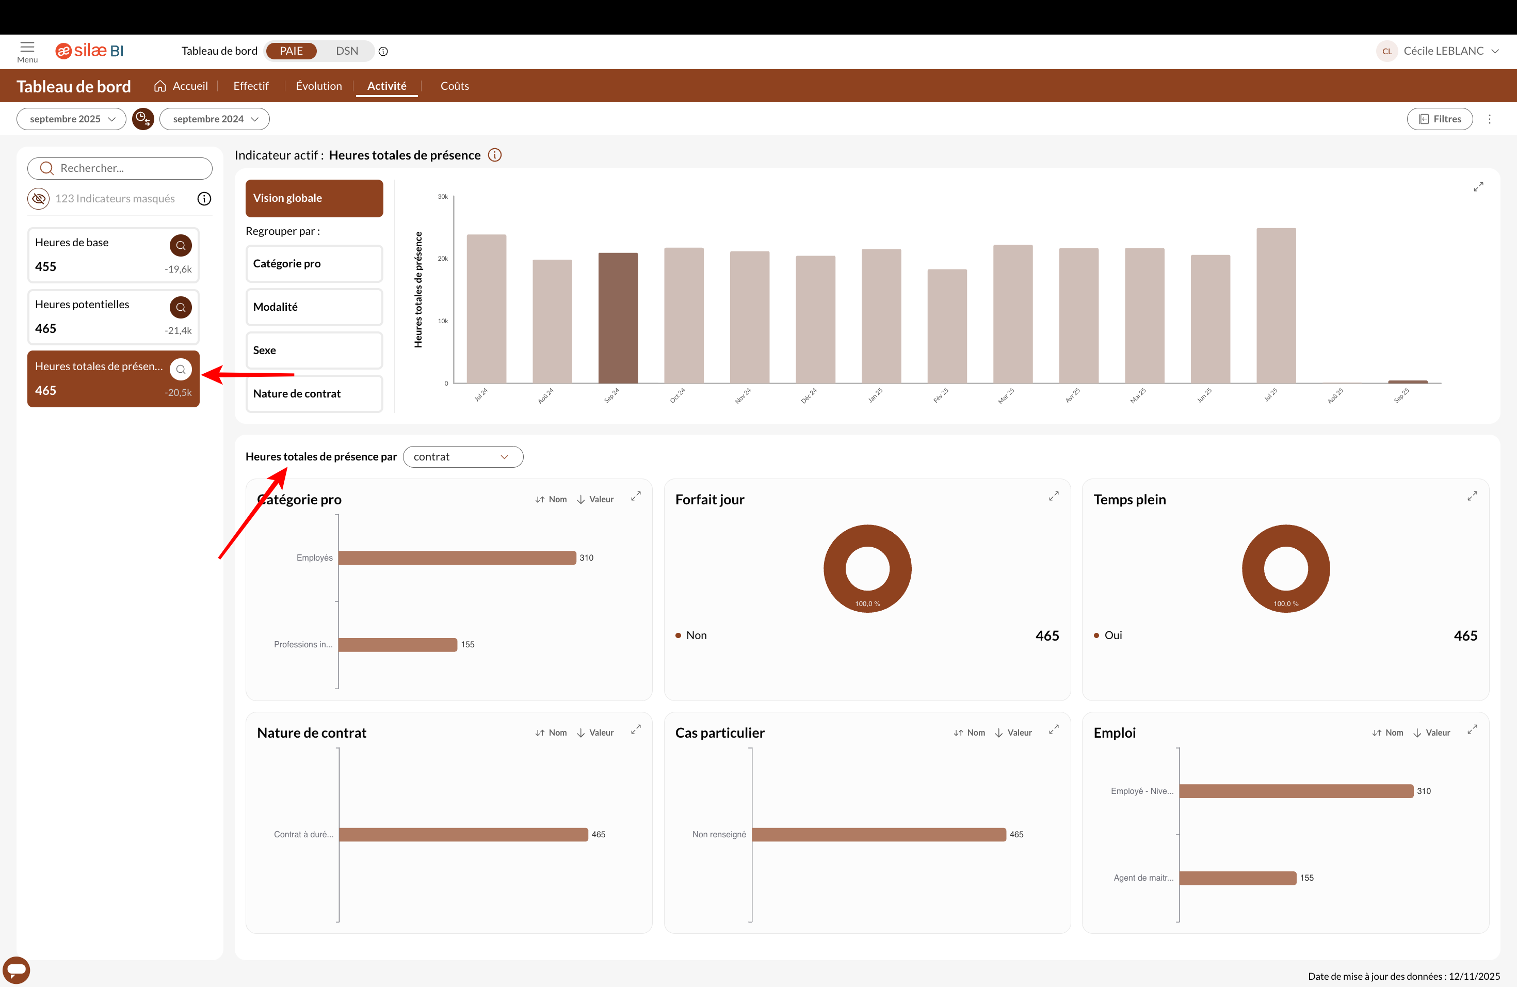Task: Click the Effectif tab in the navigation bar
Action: pyautogui.click(x=250, y=86)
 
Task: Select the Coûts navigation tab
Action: pyautogui.click(x=455, y=86)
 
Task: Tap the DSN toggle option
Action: pyautogui.click(x=347, y=51)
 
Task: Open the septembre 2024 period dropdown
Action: pyautogui.click(x=214, y=119)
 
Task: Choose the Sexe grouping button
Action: pyautogui.click(x=314, y=350)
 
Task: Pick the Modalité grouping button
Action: pyautogui.click(x=314, y=307)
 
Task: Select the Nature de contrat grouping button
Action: pyautogui.click(x=314, y=393)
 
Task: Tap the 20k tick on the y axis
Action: pyautogui.click(x=442, y=259)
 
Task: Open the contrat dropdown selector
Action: pyautogui.click(x=463, y=456)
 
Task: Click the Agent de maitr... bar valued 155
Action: pyautogui.click(x=1237, y=878)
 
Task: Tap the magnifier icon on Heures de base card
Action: pyautogui.click(x=181, y=246)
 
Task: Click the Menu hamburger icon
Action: pyautogui.click(x=27, y=48)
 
